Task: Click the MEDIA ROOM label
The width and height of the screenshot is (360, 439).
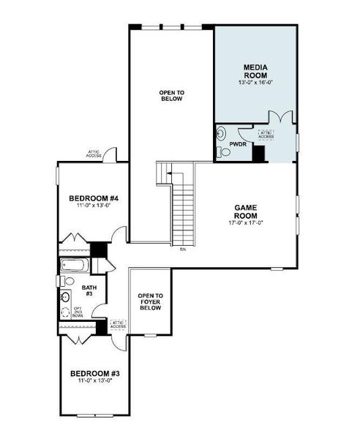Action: (x=255, y=70)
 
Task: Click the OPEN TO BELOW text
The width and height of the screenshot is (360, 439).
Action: (x=171, y=95)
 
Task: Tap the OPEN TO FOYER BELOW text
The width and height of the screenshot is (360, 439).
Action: (x=150, y=301)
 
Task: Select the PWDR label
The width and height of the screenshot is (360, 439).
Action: (x=238, y=144)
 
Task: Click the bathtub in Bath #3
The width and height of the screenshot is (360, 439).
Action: (x=75, y=265)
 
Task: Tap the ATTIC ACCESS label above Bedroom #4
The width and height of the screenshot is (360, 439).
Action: (x=93, y=154)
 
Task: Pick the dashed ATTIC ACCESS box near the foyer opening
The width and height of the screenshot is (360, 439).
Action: (x=118, y=323)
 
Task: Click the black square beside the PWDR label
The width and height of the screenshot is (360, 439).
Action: (x=258, y=153)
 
